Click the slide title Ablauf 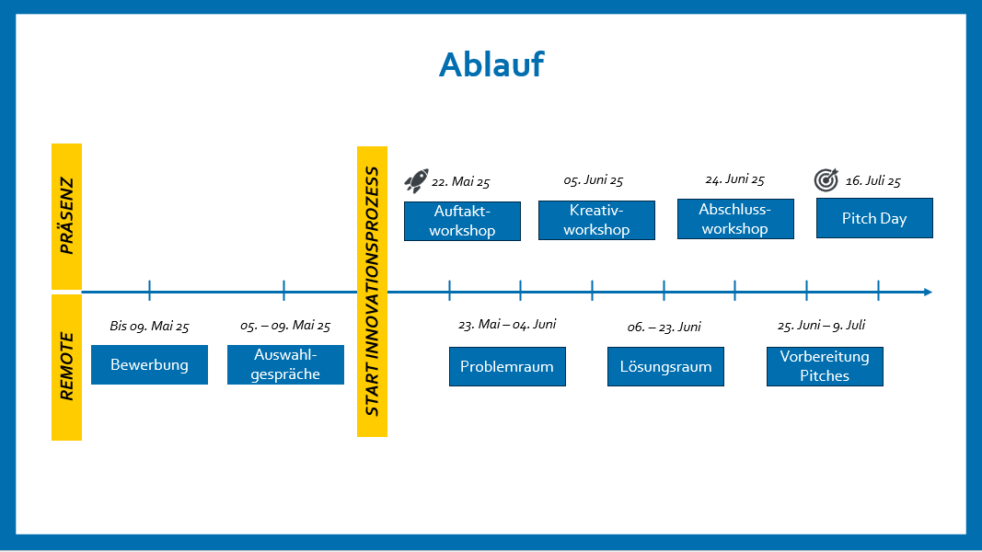tap(491, 64)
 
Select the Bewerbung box tap(150, 365)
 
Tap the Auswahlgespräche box tap(285, 365)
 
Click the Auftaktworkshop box tap(462, 221)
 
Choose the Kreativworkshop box tap(597, 220)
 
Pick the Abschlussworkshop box tap(735, 219)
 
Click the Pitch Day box tap(874, 218)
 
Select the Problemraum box tap(507, 367)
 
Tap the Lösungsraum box tap(665, 367)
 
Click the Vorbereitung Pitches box tap(825, 367)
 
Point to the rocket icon tap(417, 180)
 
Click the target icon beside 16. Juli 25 tap(826, 179)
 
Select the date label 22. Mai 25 tap(460, 182)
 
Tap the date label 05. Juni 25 tap(593, 181)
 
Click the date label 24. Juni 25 tap(734, 179)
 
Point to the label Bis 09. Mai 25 tap(149, 326)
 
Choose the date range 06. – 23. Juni tap(664, 327)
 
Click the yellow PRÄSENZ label tap(66, 216)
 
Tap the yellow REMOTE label tap(66, 367)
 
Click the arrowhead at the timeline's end tap(929, 293)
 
